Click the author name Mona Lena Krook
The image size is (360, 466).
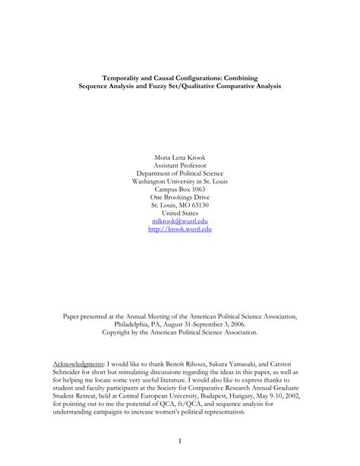pos(179,158)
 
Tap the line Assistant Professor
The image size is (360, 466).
pos(179,166)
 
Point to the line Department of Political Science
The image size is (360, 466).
pos(179,174)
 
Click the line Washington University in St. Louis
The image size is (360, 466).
pos(179,182)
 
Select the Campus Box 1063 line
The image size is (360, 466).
pos(179,190)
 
